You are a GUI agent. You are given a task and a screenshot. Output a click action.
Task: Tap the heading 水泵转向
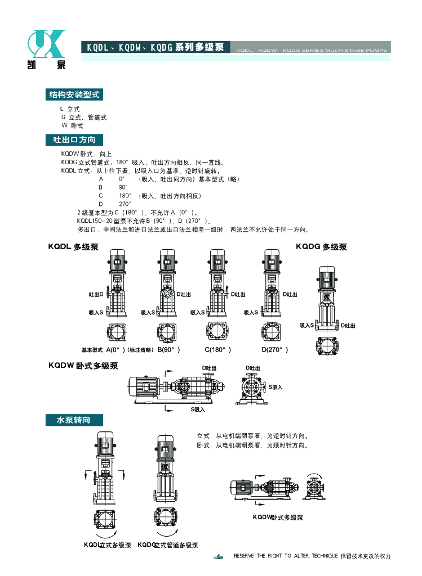[x=74, y=420]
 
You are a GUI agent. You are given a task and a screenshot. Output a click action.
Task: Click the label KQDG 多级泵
[x=321, y=247]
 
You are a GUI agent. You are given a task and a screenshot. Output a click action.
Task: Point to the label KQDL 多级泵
[x=73, y=247]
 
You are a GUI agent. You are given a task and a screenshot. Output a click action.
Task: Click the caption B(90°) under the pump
[x=168, y=350]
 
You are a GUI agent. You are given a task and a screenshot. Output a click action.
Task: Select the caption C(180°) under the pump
[x=217, y=350]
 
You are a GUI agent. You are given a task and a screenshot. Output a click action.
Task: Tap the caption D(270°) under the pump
[x=274, y=350]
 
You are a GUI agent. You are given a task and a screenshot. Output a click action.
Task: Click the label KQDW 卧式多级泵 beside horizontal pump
[x=83, y=366]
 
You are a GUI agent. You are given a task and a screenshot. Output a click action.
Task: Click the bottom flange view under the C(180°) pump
[x=217, y=332]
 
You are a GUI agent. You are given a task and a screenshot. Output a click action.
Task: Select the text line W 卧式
[x=72, y=126]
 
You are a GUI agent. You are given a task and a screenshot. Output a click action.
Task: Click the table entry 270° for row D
[x=125, y=204]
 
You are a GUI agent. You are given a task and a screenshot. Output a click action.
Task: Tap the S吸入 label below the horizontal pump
[x=198, y=409]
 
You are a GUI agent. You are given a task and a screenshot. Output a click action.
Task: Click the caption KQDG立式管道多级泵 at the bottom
[x=168, y=545]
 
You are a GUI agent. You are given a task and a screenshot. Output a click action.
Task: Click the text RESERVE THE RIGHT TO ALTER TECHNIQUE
[x=286, y=556]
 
